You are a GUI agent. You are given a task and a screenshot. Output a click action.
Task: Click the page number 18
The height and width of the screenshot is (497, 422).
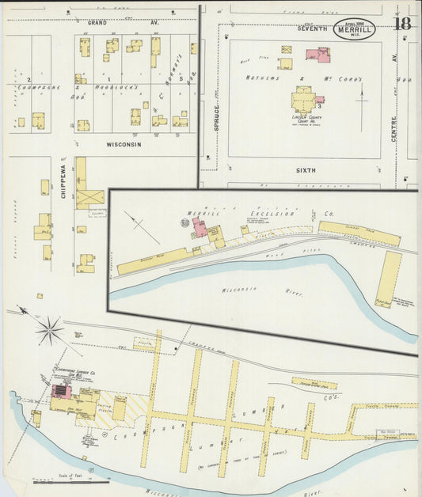coord(402,23)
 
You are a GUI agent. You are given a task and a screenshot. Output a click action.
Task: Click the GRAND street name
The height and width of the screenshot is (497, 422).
coord(97,24)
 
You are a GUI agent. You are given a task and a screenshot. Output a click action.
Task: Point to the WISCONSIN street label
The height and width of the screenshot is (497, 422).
coord(124,145)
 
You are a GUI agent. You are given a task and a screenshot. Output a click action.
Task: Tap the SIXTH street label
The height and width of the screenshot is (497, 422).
coord(306,170)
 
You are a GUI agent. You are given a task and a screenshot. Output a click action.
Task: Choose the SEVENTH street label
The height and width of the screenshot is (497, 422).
coord(311,28)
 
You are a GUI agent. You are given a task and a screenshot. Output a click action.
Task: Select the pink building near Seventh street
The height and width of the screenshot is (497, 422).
coord(318,55)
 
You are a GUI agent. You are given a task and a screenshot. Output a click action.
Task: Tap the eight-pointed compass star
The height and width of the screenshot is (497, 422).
coord(49,329)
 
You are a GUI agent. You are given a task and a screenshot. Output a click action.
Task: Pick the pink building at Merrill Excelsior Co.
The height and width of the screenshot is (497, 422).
coord(200,229)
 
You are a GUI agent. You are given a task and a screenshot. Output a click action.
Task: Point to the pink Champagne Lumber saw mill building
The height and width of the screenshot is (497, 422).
coord(60,390)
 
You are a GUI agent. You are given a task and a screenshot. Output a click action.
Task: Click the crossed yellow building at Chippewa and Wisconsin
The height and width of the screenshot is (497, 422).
coord(90,195)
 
